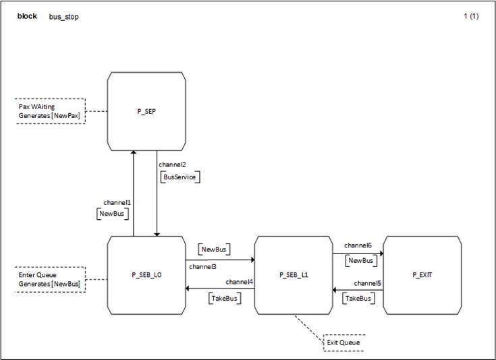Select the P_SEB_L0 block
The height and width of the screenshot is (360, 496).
[146, 275]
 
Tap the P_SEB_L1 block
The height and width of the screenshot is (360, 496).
[293, 275]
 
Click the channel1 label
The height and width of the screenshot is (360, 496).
[117, 202]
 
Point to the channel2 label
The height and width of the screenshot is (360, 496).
[172, 164]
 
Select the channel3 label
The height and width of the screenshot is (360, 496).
[202, 267]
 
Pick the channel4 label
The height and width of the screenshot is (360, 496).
[240, 281]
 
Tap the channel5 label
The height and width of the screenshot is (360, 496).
[368, 283]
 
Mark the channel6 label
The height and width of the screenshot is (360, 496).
[357, 245]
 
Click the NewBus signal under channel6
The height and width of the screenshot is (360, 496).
[360, 260]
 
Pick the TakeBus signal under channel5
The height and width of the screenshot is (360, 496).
[359, 298]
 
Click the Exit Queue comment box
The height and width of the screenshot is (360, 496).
[343, 342]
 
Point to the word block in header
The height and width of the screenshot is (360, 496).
[27, 16]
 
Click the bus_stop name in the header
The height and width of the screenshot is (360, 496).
[63, 17]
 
